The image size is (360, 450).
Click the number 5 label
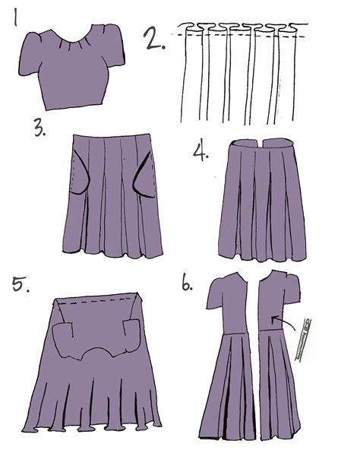coord(21,285)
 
